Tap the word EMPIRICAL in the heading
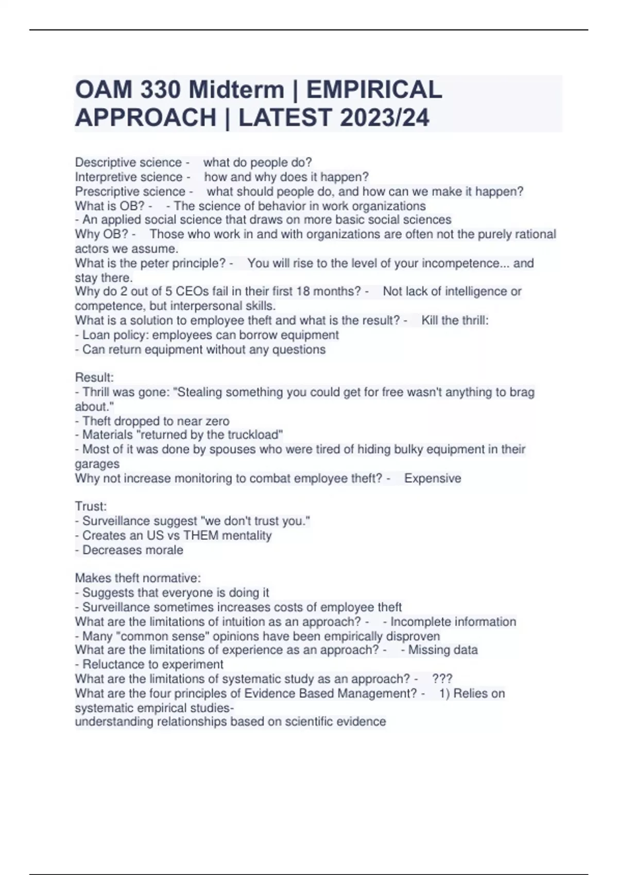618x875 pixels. (374, 90)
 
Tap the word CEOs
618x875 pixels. (193, 291)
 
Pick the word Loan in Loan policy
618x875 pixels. (96, 335)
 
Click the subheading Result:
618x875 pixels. (94, 377)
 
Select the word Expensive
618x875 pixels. (433, 479)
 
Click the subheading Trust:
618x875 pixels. (91, 506)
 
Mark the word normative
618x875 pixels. (171, 578)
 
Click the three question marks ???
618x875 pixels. (442, 679)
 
